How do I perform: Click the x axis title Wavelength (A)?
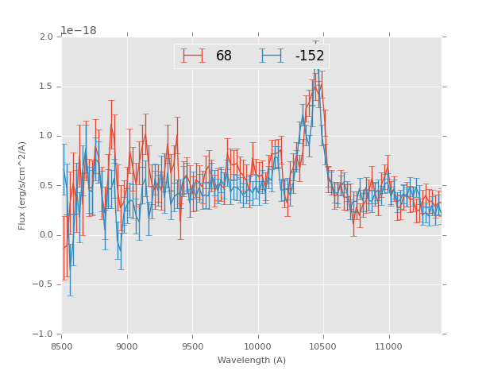click(252, 361)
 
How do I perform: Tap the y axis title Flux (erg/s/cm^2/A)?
click(22, 185)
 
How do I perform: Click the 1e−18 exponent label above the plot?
click(79, 31)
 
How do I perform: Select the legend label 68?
click(224, 56)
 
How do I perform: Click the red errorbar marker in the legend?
click(193, 56)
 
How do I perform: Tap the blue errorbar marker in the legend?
click(272, 56)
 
